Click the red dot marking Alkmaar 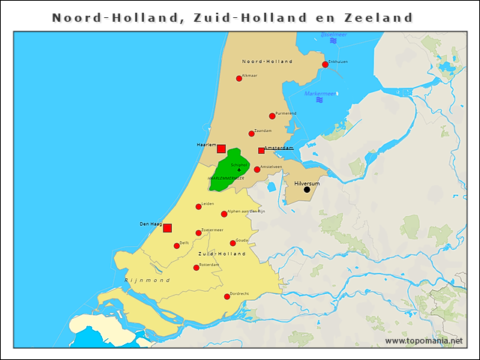point(239,78)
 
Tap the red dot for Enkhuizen point(325,64)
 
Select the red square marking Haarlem point(221,148)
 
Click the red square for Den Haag point(167,228)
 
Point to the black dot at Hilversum point(307,190)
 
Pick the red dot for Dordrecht point(227,296)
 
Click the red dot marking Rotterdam point(196,268)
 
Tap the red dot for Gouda point(232,243)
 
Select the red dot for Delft point(177,245)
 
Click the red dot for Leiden point(199,207)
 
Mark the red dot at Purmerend point(272,116)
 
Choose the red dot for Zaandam point(251,133)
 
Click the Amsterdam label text point(278,148)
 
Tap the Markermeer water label point(320,94)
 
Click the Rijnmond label point(139,279)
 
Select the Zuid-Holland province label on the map point(222,254)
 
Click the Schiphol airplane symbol point(239,170)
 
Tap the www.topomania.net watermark point(424,340)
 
